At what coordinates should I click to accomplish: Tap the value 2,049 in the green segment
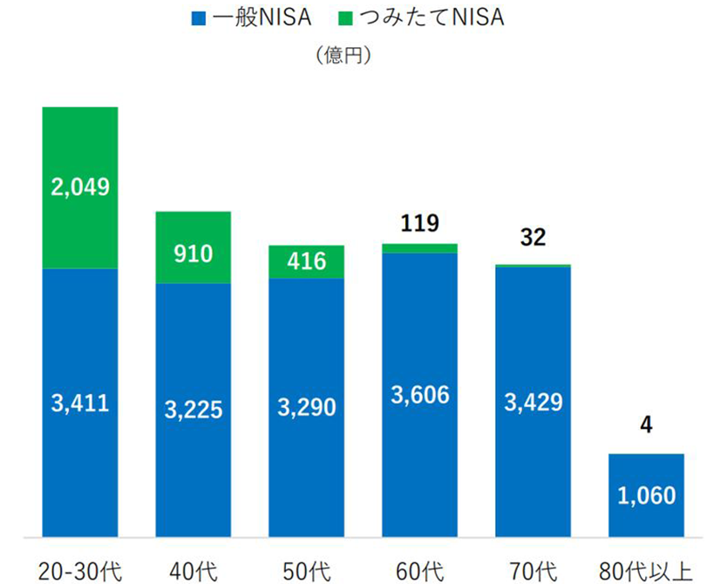pyautogui.click(x=80, y=186)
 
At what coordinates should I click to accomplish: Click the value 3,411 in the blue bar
pyautogui.click(x=80, y=404)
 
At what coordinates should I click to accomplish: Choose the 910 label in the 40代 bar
pyautogui.click(x=194, y=255)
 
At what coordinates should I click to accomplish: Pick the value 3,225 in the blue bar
pyautogui.click(x=194, y=408)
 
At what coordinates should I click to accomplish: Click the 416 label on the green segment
pyautogui.click(x=306, y=261)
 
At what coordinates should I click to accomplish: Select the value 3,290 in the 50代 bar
pyautogui.click(x=306, y=407)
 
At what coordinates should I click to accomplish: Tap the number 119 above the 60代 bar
pyautogui.click(x=419, y=224)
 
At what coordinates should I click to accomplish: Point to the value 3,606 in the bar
pyautogui.click(x=419, y=394)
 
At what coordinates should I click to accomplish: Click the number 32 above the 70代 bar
pyautogui.click(x=533, y=237)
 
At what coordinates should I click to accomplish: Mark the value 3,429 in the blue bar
pyautogui.click(x=533, y=402)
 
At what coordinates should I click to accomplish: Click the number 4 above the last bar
pyautogui.click(x=646, y=429)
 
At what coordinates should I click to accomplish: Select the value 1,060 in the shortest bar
pyautogui.click(x=646, y=496)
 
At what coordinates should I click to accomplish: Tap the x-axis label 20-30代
pyautogui.click(x=80, y=571)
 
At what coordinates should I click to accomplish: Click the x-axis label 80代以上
pyautogui.click(x=646, y=571)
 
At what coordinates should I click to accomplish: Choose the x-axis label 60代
pyautogui.click(x=419, y=571)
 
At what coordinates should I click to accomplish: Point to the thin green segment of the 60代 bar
pyautogui.click(x=419, y=248)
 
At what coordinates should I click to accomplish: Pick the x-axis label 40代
pyautogui.click(x=194, y=571)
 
